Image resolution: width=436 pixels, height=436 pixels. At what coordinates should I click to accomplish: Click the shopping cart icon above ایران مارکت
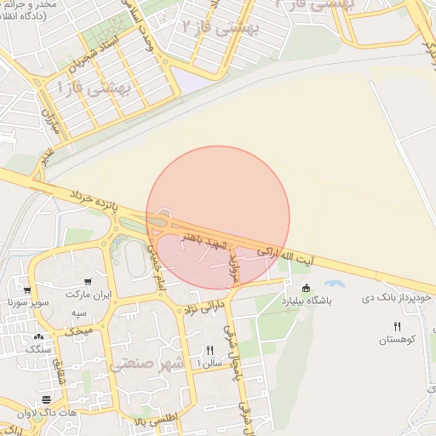(87, 282)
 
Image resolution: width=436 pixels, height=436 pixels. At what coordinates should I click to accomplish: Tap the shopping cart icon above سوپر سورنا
(28, 290)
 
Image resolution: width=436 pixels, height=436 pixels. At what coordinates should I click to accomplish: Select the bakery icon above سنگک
(38, 337)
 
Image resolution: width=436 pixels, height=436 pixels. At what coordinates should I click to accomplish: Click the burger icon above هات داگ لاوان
(46, 399)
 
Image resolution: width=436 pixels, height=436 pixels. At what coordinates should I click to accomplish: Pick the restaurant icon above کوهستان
(397, 327)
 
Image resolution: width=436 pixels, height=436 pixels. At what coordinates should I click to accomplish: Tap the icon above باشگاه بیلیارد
(307, 288)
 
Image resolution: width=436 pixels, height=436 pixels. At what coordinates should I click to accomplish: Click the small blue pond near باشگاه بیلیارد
(334, 283)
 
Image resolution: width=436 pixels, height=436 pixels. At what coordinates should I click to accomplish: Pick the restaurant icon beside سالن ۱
(209, 350)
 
